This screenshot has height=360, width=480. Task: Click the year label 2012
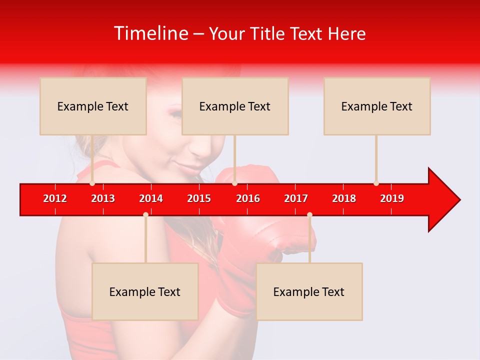[55, 198]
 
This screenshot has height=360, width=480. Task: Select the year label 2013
[103, 198]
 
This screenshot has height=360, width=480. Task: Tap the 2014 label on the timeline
[151, 198]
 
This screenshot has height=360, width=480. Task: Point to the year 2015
[199, 198]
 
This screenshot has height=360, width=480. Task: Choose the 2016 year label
[248, 198]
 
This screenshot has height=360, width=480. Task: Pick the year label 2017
[296, 198]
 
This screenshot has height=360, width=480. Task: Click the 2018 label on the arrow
[344, 198]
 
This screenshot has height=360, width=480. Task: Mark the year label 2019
[392, 198]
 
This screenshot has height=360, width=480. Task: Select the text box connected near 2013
[93, 106]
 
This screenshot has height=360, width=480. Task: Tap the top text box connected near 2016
[235, 106]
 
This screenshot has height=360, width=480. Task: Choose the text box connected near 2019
[377, 106]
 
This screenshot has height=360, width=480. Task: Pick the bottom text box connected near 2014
[145, 291]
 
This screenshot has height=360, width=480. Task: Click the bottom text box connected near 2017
[309, 291]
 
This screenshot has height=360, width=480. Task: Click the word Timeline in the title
[150, 33]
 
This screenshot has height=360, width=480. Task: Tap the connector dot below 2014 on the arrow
[145, 214]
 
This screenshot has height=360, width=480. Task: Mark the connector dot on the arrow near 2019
[376, 183]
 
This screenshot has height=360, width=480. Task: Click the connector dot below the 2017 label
[309, 214]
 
